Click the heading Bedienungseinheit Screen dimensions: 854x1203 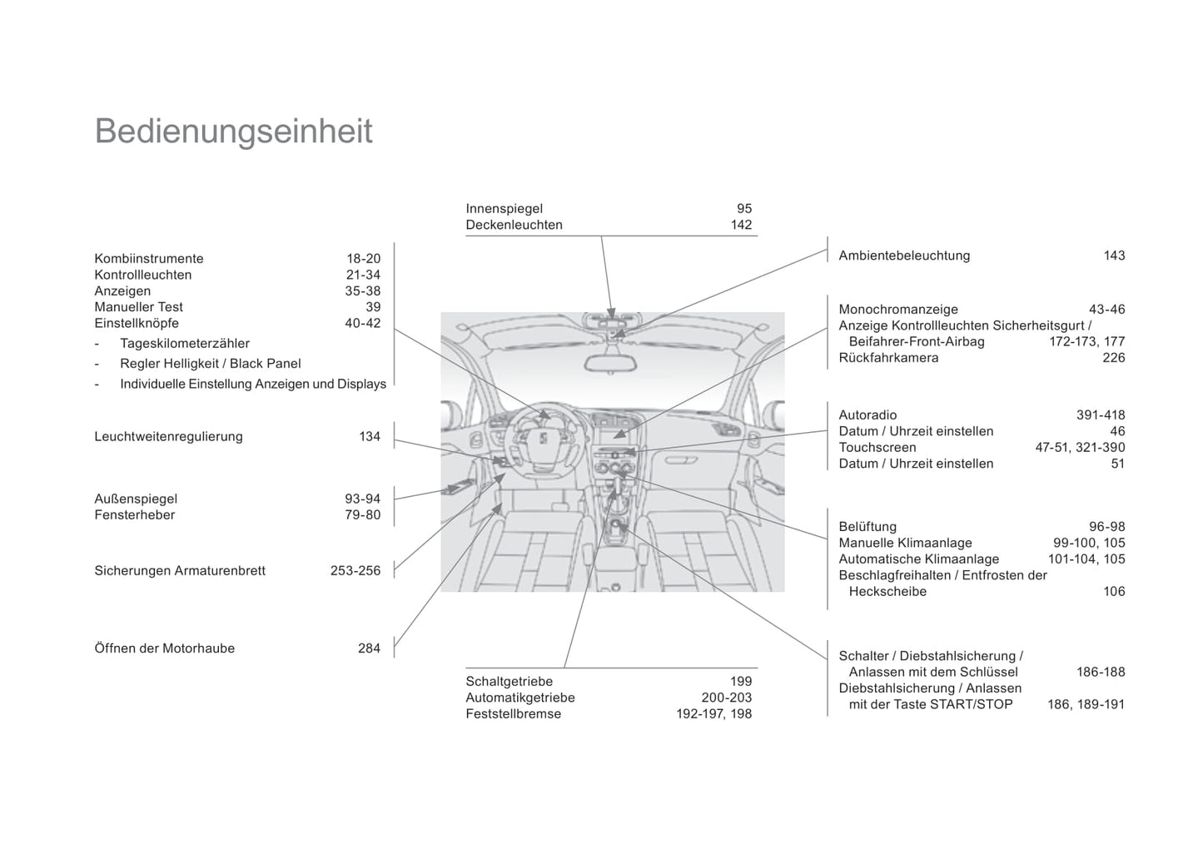[x=233, y=132]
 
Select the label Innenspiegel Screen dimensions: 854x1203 [x=504, y=209]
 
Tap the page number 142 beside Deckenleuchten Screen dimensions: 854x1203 [x=741, y=225]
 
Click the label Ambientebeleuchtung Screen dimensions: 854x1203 [x=904, y=256]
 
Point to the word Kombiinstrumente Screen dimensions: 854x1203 [x=149, y=259]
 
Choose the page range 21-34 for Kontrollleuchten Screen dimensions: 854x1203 [x=363, y=275]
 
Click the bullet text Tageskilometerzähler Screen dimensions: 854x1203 [x=185, y=343]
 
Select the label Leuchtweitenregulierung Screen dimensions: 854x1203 [x=168, y=436]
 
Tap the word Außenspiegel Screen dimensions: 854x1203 [x=136, y=499]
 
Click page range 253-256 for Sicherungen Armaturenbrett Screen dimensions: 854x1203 [x=355, y=571]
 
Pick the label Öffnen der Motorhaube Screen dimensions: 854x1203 [x=165, y=648]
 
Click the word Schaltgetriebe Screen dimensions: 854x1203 [x=509, y=682]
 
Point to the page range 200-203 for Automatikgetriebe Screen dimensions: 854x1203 [x=726, y=698]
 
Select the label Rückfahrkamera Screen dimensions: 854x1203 [x=888, y=358]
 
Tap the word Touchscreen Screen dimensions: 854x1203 [x=877, y=448]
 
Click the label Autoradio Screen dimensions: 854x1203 [x=867, y=415]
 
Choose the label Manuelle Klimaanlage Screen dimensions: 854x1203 [x=905, y=543]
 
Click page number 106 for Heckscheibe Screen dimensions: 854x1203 [x=1114, y=592]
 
